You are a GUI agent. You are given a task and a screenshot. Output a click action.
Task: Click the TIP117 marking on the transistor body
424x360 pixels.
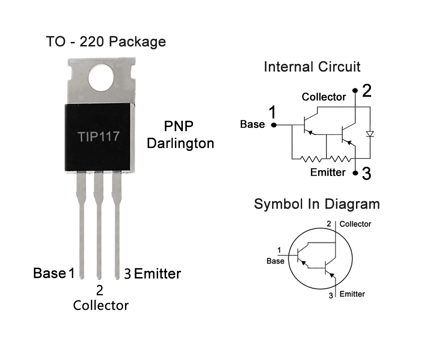coord(98,136)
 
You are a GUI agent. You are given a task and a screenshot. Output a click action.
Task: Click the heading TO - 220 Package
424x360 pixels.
coord(106,42)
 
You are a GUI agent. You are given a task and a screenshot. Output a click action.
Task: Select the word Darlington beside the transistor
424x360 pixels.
coord(181,143)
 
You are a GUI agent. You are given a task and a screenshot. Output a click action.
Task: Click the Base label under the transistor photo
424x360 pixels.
coord(49,274)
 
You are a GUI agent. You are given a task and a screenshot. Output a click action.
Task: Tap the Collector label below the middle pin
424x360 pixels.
coord(101,305)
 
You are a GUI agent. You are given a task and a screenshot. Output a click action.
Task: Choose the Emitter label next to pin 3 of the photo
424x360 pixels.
coord(157,274)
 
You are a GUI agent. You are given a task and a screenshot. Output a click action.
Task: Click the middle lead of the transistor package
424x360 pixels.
coord(99,229)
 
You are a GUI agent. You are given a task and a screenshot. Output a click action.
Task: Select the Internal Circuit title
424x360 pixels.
coord(312,67)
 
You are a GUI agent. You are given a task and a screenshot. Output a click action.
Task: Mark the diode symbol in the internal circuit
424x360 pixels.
coord(370,134)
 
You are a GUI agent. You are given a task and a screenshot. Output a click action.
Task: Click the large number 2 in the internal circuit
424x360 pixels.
coord(367,91)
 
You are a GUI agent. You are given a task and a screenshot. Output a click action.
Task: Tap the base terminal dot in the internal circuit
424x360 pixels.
coord(273,125)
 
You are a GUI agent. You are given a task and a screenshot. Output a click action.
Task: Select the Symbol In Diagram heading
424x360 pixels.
coord(317,204)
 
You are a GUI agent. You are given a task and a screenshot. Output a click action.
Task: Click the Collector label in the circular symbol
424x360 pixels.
coord(356,224)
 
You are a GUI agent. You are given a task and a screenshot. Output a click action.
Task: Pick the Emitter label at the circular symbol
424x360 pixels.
coord(352,294)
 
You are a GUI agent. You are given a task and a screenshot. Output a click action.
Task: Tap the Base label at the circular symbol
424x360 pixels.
coord(275,261)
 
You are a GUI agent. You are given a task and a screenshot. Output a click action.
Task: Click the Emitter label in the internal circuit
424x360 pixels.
coord(328,172)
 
